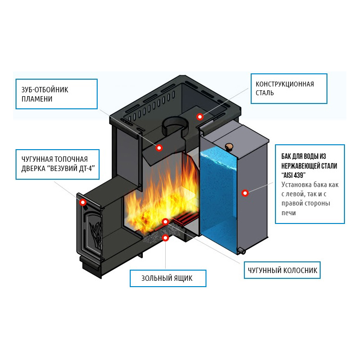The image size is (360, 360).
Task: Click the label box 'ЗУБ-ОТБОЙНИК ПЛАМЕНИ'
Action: [x=56, y=94]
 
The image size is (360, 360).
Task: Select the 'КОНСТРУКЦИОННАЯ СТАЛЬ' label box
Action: [x=289, y=88]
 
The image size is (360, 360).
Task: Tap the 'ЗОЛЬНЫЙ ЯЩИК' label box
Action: [x=168, y=278]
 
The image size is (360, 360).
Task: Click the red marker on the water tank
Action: [x=245, y=193]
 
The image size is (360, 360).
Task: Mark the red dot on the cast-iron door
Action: [x=83, y=202]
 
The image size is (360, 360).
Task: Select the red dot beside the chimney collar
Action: [x=199, y=117]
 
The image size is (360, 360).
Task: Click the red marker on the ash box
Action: [x=166, y=238]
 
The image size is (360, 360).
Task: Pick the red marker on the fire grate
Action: [x=166, y=222]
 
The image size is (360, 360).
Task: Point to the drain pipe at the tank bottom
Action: [x=240, y=251]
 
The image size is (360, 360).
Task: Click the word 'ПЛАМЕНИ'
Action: [x=37, y=99]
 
